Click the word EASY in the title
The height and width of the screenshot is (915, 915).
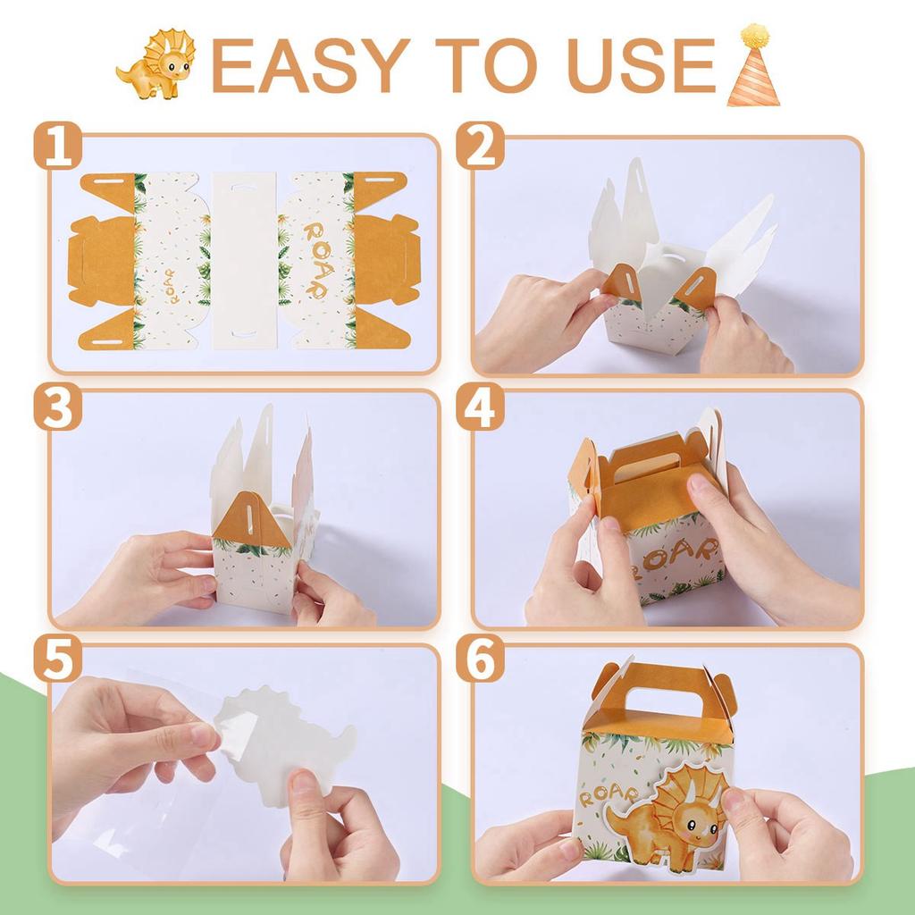click(310, 65)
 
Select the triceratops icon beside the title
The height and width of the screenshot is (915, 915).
click(155, 64)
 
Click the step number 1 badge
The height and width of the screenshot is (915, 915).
click(57, 146)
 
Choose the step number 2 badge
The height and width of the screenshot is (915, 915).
click(480, 146)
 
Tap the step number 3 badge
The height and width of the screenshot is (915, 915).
click(57, 407)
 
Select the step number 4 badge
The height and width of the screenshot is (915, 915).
click(480, 407)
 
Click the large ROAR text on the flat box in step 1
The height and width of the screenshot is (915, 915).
click(319, 260)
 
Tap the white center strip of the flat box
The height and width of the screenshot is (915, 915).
click(245, 260)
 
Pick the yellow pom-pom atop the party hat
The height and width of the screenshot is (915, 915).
click(752, 35)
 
